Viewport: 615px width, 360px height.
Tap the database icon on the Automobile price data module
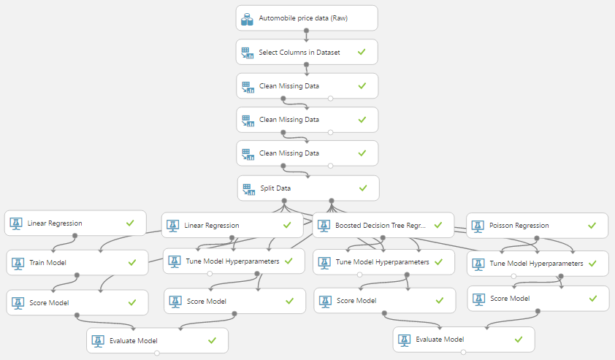click(x=247, y=18)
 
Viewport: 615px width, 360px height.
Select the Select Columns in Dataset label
click(x=299, y=52)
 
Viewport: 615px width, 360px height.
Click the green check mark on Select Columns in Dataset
click(x=361, y=52)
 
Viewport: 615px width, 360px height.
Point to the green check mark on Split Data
click(x=363, y=188)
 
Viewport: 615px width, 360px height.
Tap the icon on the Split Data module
click(x=248, y=188)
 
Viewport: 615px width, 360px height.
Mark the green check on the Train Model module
click(x=131, y=262)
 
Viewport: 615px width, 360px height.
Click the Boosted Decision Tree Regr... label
click(x=380, y=226)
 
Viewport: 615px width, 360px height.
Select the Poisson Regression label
click(x=519, y=225)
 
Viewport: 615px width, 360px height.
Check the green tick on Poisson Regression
click(x=591, y=225)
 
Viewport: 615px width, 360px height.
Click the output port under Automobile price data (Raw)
click(x=306, y=31)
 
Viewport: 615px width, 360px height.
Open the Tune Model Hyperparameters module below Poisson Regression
click(x=537, y=264)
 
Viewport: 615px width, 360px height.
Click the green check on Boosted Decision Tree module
click(x=437, y=225)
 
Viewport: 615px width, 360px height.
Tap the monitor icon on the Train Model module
click(x=18, y=262)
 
